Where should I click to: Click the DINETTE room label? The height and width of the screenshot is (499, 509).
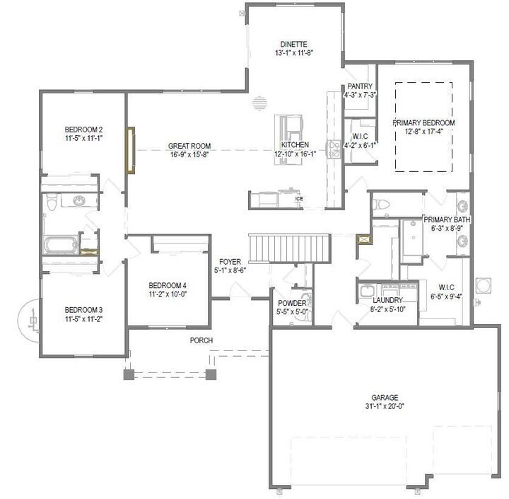293,44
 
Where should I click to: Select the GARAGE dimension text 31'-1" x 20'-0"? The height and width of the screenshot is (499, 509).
385,406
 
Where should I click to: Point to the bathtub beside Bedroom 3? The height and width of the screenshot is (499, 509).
61,246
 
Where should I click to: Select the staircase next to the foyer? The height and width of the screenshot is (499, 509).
290,248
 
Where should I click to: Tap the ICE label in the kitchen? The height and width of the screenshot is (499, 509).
299,199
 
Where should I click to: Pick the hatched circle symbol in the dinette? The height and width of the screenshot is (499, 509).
260,103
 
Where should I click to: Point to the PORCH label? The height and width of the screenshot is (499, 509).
201,340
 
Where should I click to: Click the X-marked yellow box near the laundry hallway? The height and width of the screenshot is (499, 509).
364,239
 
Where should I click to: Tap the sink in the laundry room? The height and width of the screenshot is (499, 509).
368,290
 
